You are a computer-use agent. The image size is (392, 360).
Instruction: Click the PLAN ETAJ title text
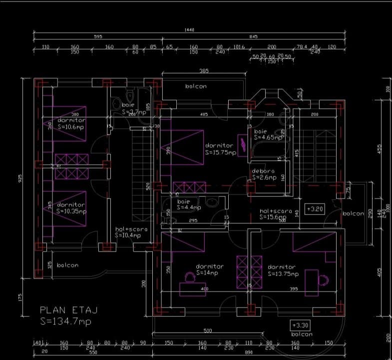point(68,310)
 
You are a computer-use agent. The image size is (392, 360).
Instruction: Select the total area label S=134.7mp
point(65,321)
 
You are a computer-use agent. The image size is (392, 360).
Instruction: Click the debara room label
point(263,171)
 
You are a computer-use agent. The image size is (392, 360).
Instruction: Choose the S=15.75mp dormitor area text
point(220,152)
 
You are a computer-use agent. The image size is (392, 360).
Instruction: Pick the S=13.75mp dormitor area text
point(283,273)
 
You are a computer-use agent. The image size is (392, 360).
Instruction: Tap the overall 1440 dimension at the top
point(189,30)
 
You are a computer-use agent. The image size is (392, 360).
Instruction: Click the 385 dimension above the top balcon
point(204,71)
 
